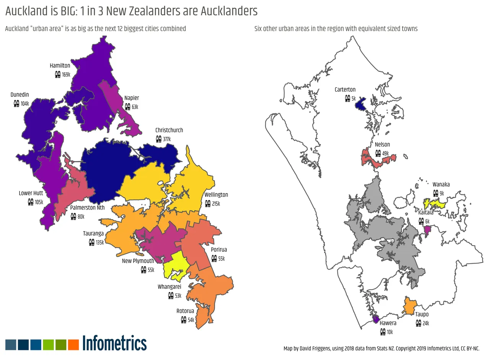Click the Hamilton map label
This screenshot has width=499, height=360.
pos(60,66)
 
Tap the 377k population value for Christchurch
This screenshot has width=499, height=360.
pos(167,139)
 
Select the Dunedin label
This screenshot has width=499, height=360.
pos(20,95)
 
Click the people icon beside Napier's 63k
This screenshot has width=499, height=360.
pos(127,107)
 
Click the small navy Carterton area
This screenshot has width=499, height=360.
pos(360,104)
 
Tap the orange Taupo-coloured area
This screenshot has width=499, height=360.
pos(410,306)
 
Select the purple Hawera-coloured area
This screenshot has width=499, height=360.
pos(376,318)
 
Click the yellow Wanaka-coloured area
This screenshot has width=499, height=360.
pos(434,203)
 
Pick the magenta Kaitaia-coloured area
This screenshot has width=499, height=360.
pos(427,230)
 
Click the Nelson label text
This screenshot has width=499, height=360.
pos(382,145)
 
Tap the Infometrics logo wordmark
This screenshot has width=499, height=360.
pos(114,344)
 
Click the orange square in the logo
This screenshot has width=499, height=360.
pos(73,345)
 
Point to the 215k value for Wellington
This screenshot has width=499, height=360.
pos(216,204)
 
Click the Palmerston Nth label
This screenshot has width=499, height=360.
pos(87,208)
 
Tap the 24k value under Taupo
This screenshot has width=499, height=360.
pos(426,324)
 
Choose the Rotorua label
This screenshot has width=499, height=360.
pos(185,311)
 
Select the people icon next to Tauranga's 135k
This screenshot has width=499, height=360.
pos(91,242)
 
